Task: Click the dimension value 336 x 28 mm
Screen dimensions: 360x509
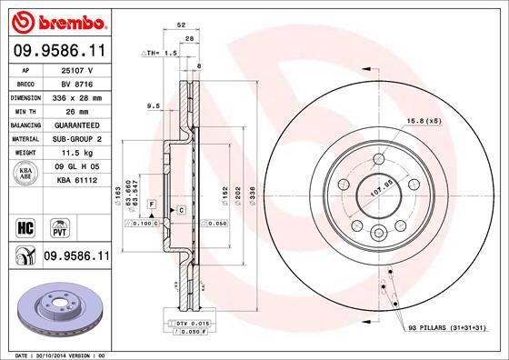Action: [x=77, y=96]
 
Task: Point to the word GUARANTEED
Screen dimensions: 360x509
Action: [x=77, y=125]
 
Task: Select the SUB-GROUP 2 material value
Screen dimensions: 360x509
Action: [x=77, y=139]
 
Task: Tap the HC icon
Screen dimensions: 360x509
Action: [x=25, y=225]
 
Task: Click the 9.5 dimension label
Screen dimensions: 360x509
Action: [x=154, y=107]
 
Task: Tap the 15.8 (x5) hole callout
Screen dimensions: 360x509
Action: [x=425, y=121]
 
